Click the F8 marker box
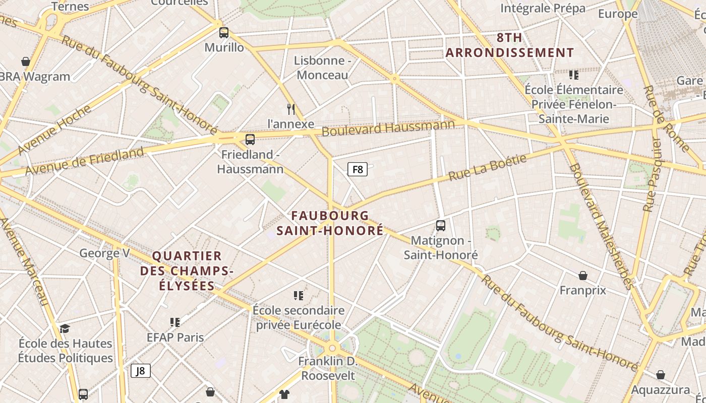coord(358,169)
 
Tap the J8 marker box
coord(141,371)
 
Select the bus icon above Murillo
coord(224,33)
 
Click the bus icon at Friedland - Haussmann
coord(250,140)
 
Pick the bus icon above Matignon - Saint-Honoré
coord(441,226)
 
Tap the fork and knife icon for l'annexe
coord(291,109)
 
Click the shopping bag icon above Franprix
coord(583,276)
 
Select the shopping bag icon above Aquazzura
coord(661,375)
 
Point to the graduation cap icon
coord(65,329)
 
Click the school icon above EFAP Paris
coord(175,322)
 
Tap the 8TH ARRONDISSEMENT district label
coord(509,45)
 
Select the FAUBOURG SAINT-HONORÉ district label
coord(330,223)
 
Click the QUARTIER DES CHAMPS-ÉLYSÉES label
coord(187,271)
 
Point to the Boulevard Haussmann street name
coord(388,127)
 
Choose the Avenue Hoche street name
coord(54,130)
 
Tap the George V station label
coord(104,253)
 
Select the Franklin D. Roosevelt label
coord(328,368)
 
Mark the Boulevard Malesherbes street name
coord(601,227)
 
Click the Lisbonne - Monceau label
coord(322,68)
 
